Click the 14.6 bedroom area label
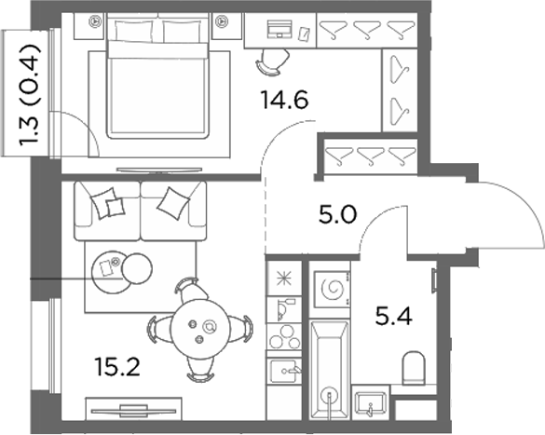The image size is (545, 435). (x=285, y=100)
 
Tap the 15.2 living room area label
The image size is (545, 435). (x=117, y=367)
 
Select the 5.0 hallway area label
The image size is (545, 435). (x=337, y=214)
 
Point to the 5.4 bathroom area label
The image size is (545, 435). (x=394, y=316)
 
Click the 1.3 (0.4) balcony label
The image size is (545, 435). (x=30, y=95)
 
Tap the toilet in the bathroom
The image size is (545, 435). (x=414, y=368)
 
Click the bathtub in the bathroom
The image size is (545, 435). (x=329, y=370)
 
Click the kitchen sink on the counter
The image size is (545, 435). (x=284, y=371)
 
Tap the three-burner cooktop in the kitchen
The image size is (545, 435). (x=284, y=336)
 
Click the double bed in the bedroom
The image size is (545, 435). (x=157, y=76)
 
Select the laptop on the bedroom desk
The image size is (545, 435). (x=279, y=29)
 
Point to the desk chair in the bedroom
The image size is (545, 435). (x=273, y=61)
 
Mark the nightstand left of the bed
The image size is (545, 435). (x=89, y=26)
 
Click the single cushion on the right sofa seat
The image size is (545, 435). (x=173, y=203)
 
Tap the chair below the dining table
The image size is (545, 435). (x=200, y=369)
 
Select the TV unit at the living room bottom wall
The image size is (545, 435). (x=134, y=409)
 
